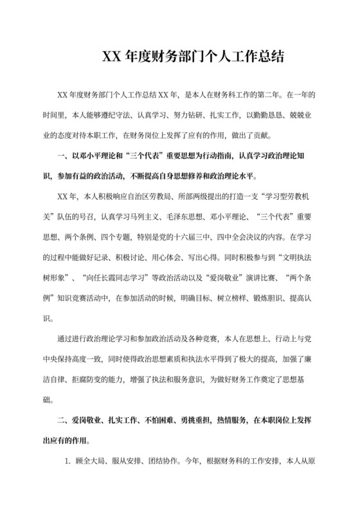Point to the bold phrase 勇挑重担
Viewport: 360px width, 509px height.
(x=186, y=421)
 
